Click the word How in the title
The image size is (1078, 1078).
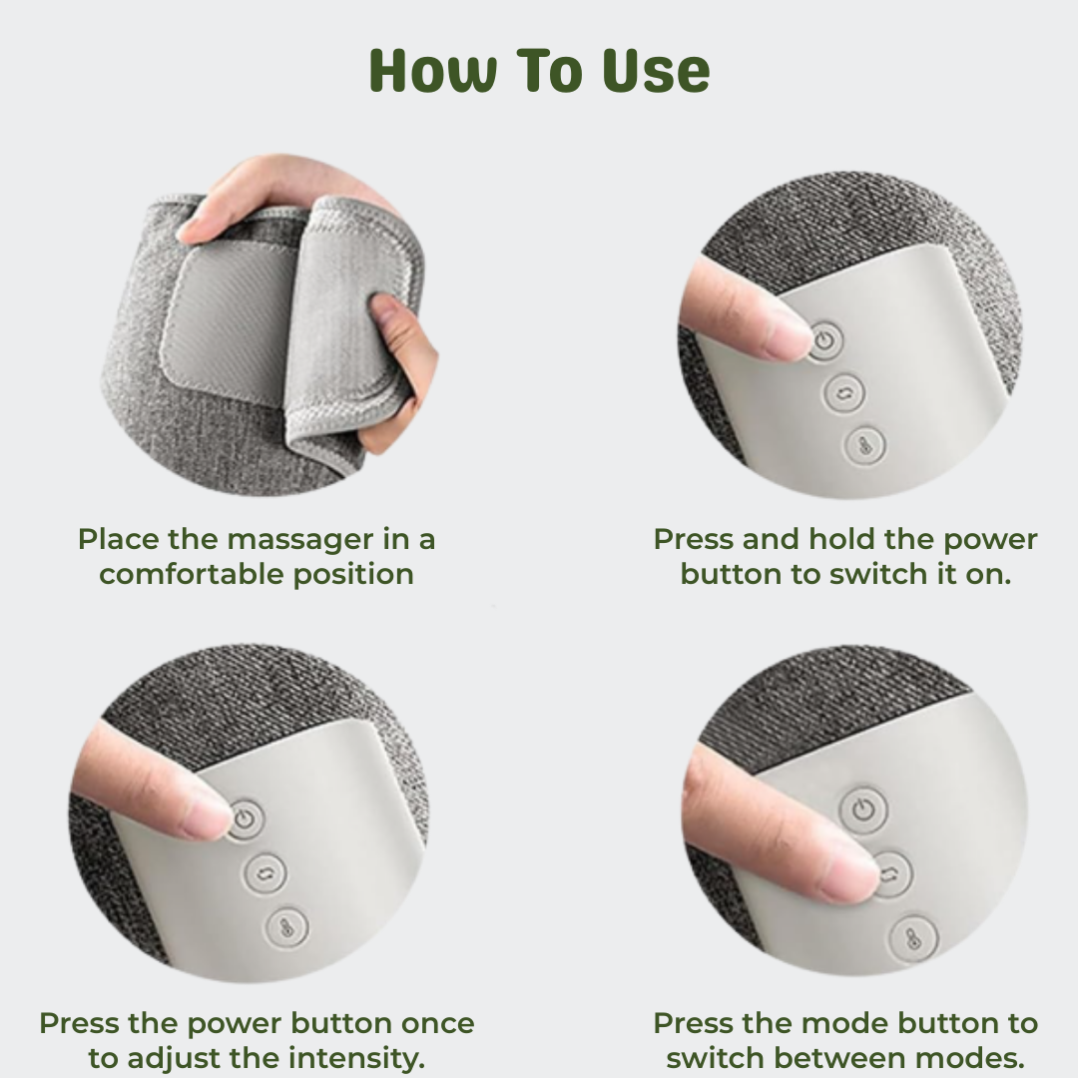point(433,70)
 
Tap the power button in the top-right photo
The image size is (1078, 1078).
point(825,340)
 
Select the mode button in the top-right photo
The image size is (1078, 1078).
point(844,393)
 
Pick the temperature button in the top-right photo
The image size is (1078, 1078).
point(864,446)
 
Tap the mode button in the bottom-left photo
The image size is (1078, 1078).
point(265,873)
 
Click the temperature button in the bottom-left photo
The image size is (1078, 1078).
point(286,927)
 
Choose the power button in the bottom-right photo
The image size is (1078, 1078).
point(863,809)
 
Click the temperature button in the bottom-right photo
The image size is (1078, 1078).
point(913,937)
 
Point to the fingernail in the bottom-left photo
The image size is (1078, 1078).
point(205,817)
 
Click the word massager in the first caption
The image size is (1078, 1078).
point(299,540)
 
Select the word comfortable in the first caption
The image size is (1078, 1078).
point(192,574)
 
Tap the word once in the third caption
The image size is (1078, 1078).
point(437,1024)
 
